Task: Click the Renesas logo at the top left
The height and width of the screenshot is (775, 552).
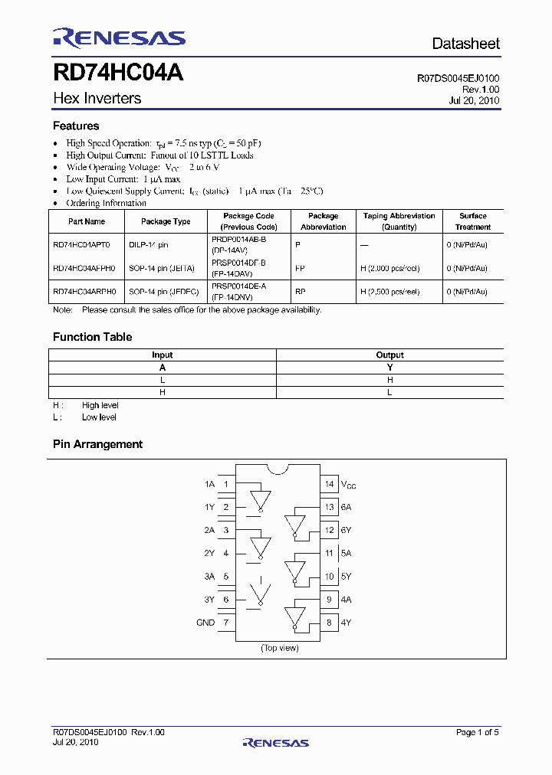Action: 119,38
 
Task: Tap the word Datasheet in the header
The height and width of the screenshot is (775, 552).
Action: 465,44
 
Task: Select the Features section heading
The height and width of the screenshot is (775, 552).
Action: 76,126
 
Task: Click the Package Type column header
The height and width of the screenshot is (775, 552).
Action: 166,221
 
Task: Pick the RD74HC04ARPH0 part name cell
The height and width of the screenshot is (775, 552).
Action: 85,292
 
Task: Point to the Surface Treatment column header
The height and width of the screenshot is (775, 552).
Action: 473,221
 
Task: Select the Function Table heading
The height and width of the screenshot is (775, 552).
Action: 92,337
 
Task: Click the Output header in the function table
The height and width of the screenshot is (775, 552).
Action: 389,355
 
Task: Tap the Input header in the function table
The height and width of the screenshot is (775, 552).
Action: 163,355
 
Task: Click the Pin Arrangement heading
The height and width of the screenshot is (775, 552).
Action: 97,444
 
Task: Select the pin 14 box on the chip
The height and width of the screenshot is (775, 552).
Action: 329,484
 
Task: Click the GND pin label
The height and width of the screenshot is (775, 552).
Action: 205,623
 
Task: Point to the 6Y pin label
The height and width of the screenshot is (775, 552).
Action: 347,530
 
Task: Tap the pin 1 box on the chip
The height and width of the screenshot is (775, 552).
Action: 226,484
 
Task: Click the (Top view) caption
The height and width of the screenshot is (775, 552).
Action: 279,648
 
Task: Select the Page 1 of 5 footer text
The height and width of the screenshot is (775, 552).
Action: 477,732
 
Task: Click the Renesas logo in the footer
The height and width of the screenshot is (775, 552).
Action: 276,742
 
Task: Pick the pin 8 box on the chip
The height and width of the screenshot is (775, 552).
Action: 329,623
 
